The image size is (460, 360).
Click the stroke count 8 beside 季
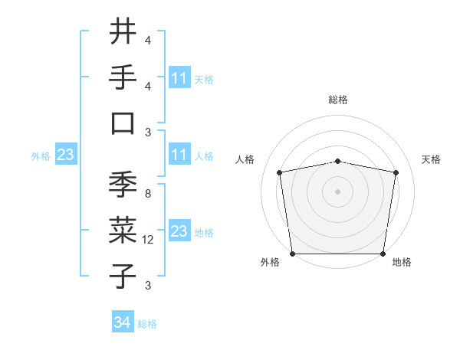pos(147,195)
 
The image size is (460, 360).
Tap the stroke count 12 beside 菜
pos(149,240)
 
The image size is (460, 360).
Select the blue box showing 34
pos(123,323)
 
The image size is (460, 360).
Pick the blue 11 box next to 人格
pos(179,155)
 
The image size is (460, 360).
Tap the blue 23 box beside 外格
pos(65,155)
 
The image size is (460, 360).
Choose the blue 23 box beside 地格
pos(179,231)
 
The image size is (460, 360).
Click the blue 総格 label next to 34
pos(147,324)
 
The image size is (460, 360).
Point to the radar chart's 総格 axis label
pos(337,100)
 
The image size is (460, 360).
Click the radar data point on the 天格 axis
pos(396,173)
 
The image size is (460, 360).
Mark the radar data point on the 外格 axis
pos(292,254)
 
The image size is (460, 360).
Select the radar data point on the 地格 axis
pos(383,254)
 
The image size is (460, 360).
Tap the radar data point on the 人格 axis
pos(280,173)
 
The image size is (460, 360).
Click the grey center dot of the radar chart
pos(337,191)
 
